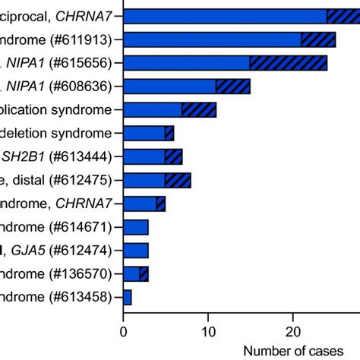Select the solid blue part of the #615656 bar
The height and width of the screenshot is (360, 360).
click(x=186, y=63)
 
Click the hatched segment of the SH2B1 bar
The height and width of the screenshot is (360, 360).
click(x=173, y=156)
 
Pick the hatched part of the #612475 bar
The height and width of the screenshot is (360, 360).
click(x=178, y=180)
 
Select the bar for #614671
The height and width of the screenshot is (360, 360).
click(x=136, y=227)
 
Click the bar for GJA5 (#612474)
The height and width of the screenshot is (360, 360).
click(x=136, y=250)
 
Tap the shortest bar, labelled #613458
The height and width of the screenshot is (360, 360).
click(x=128, y=297)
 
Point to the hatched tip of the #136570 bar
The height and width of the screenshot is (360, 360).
click(x=144, y=273)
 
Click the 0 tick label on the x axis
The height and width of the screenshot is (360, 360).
click(x=124, y=331)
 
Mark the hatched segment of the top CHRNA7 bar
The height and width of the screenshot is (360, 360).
click(x=343, y=16)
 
